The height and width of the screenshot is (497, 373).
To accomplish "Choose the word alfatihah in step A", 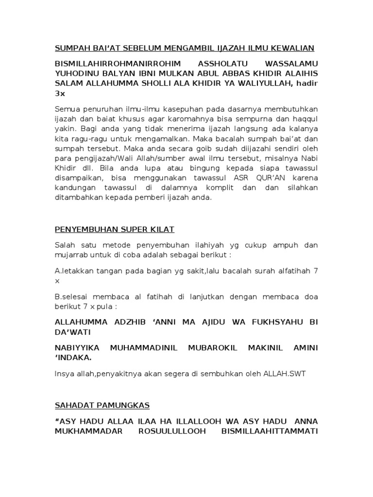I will [x=290, y=271].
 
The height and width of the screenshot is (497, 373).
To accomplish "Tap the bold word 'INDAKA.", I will [x=73, y=358].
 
